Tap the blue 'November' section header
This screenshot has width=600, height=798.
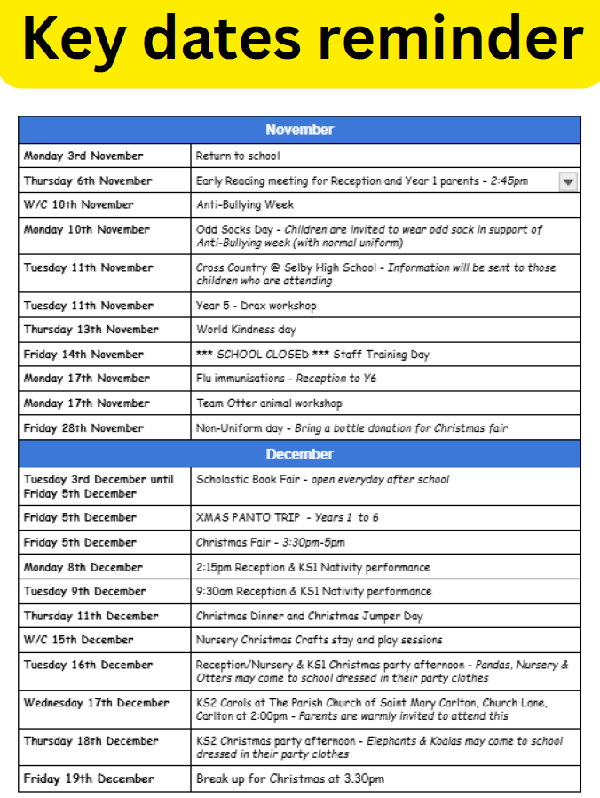299,130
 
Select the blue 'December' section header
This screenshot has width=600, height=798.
299,454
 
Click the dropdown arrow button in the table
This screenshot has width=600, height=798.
569,181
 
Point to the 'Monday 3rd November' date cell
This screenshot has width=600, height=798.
83,156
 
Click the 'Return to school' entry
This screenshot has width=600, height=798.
238,156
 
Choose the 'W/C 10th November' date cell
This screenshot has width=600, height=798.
79,205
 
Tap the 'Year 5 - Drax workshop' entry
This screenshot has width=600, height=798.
256,306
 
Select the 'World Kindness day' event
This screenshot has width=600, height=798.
247,330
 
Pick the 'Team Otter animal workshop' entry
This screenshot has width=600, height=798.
269,403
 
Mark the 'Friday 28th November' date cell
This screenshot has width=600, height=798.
83,428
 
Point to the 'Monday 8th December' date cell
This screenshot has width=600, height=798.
83,567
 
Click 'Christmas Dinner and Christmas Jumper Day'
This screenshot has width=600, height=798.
310,616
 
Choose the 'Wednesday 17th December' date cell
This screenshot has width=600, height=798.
96,703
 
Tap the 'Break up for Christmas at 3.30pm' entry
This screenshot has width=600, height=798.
290,779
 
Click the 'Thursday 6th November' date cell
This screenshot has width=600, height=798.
88,181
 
